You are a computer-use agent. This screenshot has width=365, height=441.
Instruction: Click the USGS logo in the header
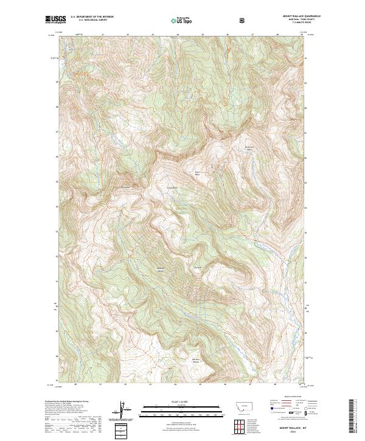pyautogui.click(x=55, y=20)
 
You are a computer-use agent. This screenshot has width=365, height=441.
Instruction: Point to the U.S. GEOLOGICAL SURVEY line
pyautogui.click(x=85, y=21)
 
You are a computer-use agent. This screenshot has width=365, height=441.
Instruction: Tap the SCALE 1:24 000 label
pyautogui.click(x=173, y=401)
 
